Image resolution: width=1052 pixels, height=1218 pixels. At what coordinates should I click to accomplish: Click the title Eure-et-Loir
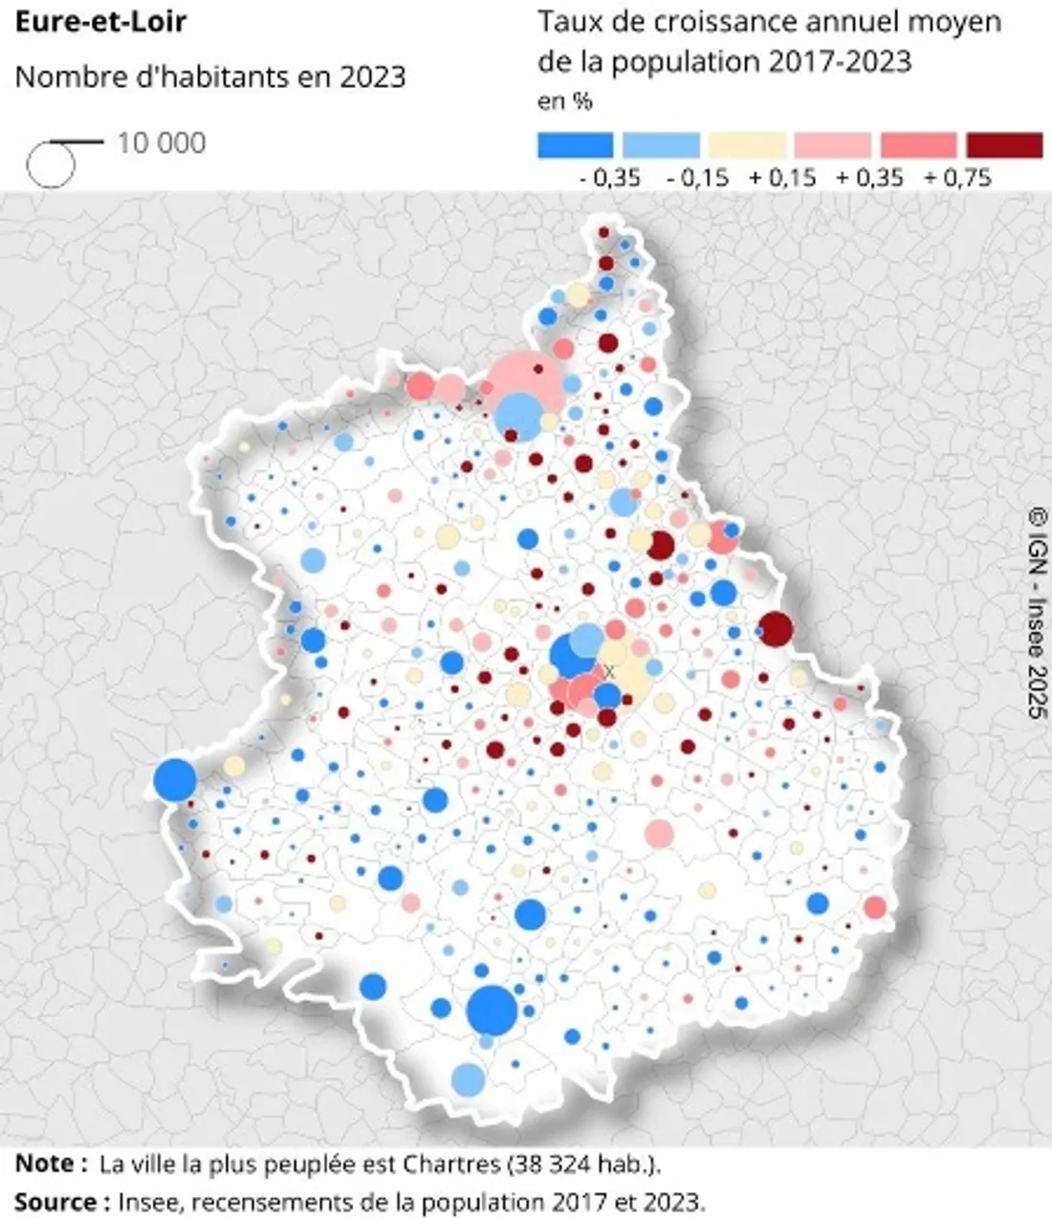[100, 21]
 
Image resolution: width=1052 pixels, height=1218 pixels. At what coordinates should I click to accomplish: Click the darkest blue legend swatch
[575, 145]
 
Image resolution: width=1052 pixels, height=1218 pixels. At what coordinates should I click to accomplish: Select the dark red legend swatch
[1004, 145]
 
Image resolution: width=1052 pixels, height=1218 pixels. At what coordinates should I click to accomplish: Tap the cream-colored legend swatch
[747, 145]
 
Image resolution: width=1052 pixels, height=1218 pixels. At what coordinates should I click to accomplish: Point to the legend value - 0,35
[609, 178]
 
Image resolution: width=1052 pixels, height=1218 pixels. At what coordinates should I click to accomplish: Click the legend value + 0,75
[958, 178]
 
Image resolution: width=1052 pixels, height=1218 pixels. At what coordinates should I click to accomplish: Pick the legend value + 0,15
[783, 178]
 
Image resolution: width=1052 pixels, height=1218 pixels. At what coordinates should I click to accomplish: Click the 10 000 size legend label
[162, 143]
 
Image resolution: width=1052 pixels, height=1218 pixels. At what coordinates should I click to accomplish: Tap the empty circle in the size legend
[50, 163]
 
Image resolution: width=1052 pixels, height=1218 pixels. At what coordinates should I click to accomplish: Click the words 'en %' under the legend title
[565, 100]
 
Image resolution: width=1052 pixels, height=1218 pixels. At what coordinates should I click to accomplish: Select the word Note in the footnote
[44, 1164]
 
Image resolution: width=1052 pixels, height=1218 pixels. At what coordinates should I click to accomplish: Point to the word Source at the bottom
[55, 1201]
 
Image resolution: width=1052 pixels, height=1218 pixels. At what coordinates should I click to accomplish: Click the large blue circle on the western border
[175, 779]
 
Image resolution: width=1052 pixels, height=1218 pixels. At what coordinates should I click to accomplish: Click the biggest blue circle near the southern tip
[493, 1011]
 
